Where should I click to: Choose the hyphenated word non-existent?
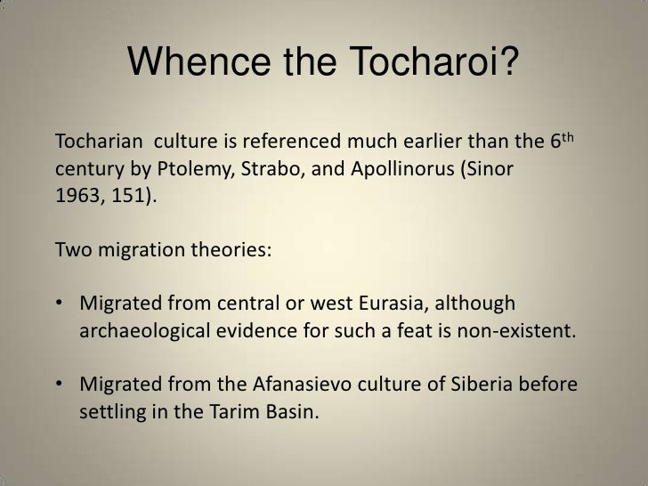[524, 332]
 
